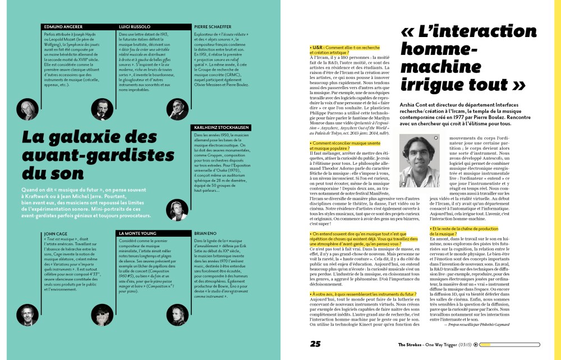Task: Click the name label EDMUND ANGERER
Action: coord(63,26)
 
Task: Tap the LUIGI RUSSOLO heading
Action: coord(135,26)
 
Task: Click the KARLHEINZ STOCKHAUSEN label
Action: coord(223,127)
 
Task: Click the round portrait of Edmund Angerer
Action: coord(26,107)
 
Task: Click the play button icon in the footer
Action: coord(476,345)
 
